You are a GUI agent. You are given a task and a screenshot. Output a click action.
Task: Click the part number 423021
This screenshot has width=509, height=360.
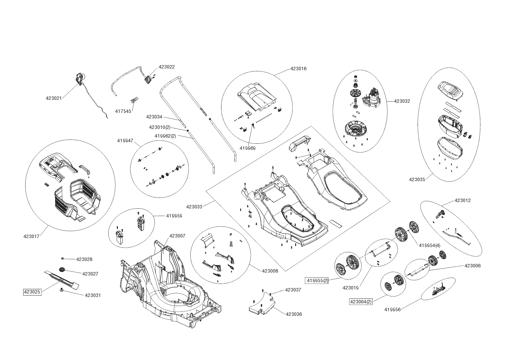pyautogui.click(x=54, y=98)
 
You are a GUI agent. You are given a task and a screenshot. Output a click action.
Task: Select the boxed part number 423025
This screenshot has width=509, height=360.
pyautogui.click(x=32, y=292)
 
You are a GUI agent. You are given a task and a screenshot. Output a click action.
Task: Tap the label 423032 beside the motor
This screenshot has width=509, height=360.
pyautogui.click(x=402, y=101)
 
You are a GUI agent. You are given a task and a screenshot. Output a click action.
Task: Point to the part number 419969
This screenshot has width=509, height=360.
pyautogui.click(x=248, y=148)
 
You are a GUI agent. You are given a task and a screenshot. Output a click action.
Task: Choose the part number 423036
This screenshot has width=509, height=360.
pyautogui.click(x=294, y=314)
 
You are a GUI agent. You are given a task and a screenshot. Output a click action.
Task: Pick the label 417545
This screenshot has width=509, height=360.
pyautogui.click(x=123, y=111)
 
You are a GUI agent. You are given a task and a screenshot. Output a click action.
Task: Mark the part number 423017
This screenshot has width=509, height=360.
pyautogui.click(x=31, y=236)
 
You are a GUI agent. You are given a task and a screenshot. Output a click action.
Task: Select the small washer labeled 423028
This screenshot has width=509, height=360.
pyautogui.click(x=63, y=258)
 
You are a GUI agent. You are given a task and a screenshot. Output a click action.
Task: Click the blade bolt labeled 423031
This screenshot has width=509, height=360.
pyautogui.click(x=62, y=290)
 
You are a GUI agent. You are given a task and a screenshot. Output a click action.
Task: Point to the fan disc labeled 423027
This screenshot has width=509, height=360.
pyautogui.click(x=62, y=270)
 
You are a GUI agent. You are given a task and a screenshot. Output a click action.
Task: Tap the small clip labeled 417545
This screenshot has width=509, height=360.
pyautogui.click(x=134, y=100)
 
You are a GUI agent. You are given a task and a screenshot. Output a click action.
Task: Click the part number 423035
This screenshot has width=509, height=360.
pyautogui.click(x=417, y=179)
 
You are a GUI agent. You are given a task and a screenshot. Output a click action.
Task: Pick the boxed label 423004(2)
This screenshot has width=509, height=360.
pyautogui.click(x=361, y=302)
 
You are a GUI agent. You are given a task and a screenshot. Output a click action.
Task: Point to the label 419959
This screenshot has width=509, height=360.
pyautogui.click(x=174, y=216)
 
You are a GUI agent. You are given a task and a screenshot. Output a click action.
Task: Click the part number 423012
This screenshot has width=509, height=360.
pyautogui.click(x=463, y=201)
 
